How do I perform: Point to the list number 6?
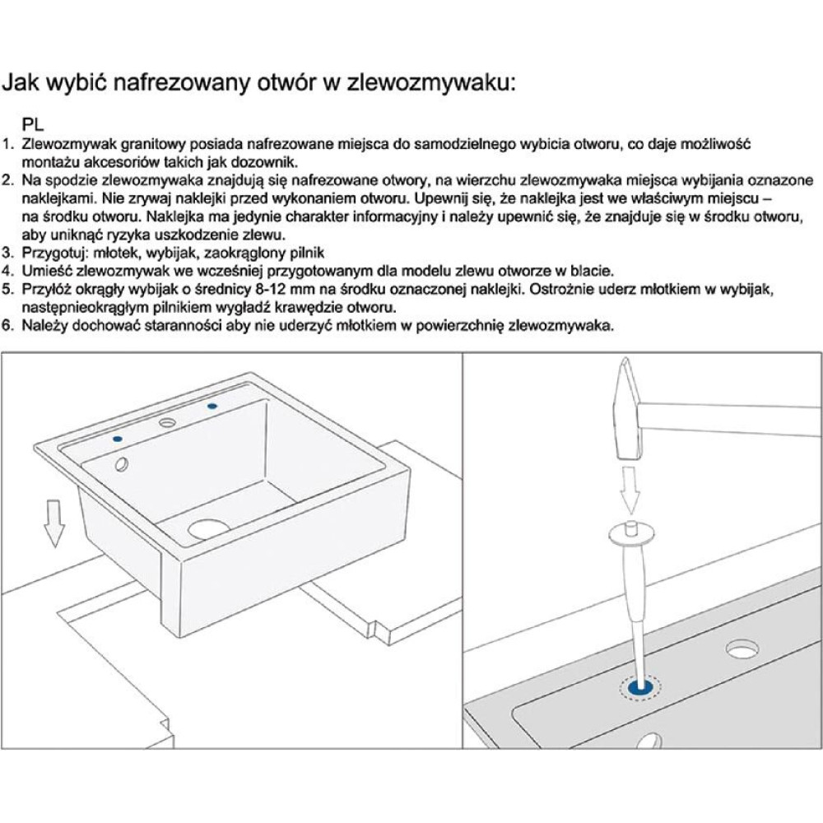(x=8, y=325)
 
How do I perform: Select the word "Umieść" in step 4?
(x=44, y=270)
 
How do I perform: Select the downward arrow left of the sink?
(x=54, y=524)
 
